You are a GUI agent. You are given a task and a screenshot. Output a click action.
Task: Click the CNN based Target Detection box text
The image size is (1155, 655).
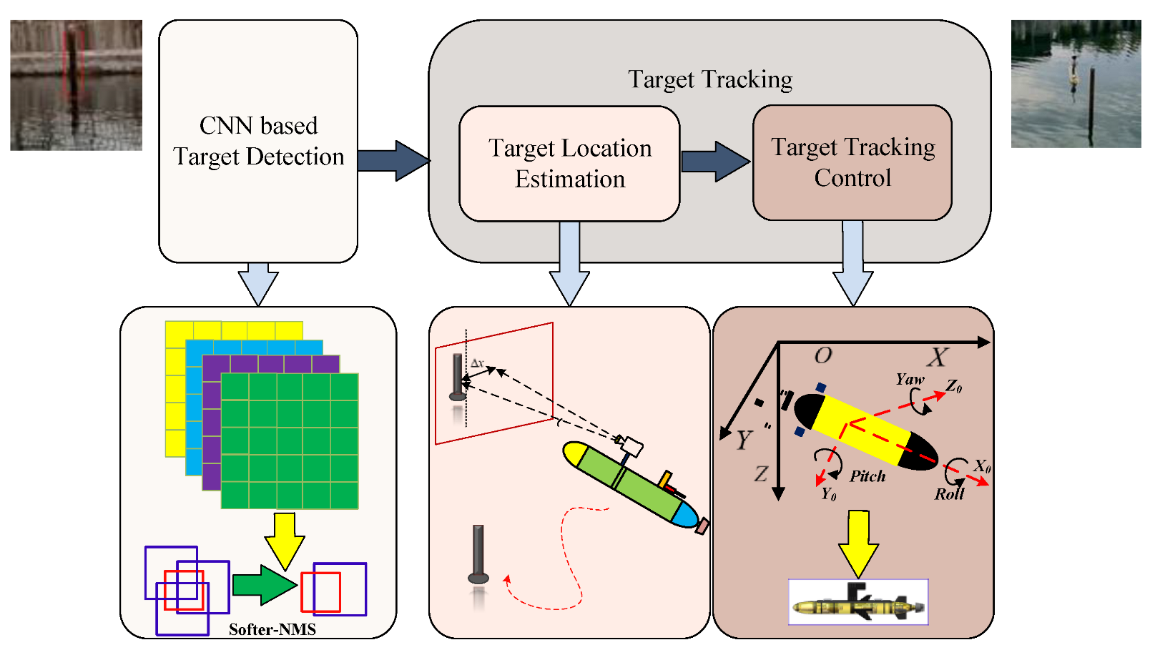258,141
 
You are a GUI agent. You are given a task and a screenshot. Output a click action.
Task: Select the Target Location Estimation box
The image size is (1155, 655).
569,164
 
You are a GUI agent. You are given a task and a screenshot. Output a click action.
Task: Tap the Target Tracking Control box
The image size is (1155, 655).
852,162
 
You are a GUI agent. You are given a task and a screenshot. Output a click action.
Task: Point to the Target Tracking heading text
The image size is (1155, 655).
709,79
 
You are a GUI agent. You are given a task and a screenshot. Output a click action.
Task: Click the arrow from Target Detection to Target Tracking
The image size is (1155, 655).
393,160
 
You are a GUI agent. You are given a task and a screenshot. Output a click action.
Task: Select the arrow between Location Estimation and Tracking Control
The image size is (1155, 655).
714,161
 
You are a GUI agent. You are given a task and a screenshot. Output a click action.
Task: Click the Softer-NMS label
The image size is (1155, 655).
272,629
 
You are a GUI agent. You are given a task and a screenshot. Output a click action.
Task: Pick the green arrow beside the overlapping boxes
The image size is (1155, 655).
264,585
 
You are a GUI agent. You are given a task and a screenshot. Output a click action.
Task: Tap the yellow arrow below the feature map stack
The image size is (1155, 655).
285,540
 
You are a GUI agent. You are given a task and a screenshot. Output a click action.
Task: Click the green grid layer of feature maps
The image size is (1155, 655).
290,441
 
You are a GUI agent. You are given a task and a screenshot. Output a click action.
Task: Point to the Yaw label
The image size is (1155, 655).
910,380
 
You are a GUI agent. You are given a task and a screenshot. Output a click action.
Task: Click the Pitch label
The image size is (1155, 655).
868,476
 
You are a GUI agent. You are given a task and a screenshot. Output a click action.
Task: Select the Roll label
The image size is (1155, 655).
949,494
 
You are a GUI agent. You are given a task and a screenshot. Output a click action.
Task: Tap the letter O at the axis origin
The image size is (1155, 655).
823,355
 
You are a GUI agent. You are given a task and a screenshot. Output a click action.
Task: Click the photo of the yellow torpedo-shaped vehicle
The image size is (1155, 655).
858,603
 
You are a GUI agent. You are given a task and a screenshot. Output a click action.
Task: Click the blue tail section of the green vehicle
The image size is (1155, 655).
685,516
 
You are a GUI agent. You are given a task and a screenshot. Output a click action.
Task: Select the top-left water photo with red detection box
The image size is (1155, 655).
76,85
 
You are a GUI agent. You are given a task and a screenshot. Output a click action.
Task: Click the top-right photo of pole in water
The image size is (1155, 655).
1076,84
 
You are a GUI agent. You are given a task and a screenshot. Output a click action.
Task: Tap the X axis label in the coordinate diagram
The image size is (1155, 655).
938,357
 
